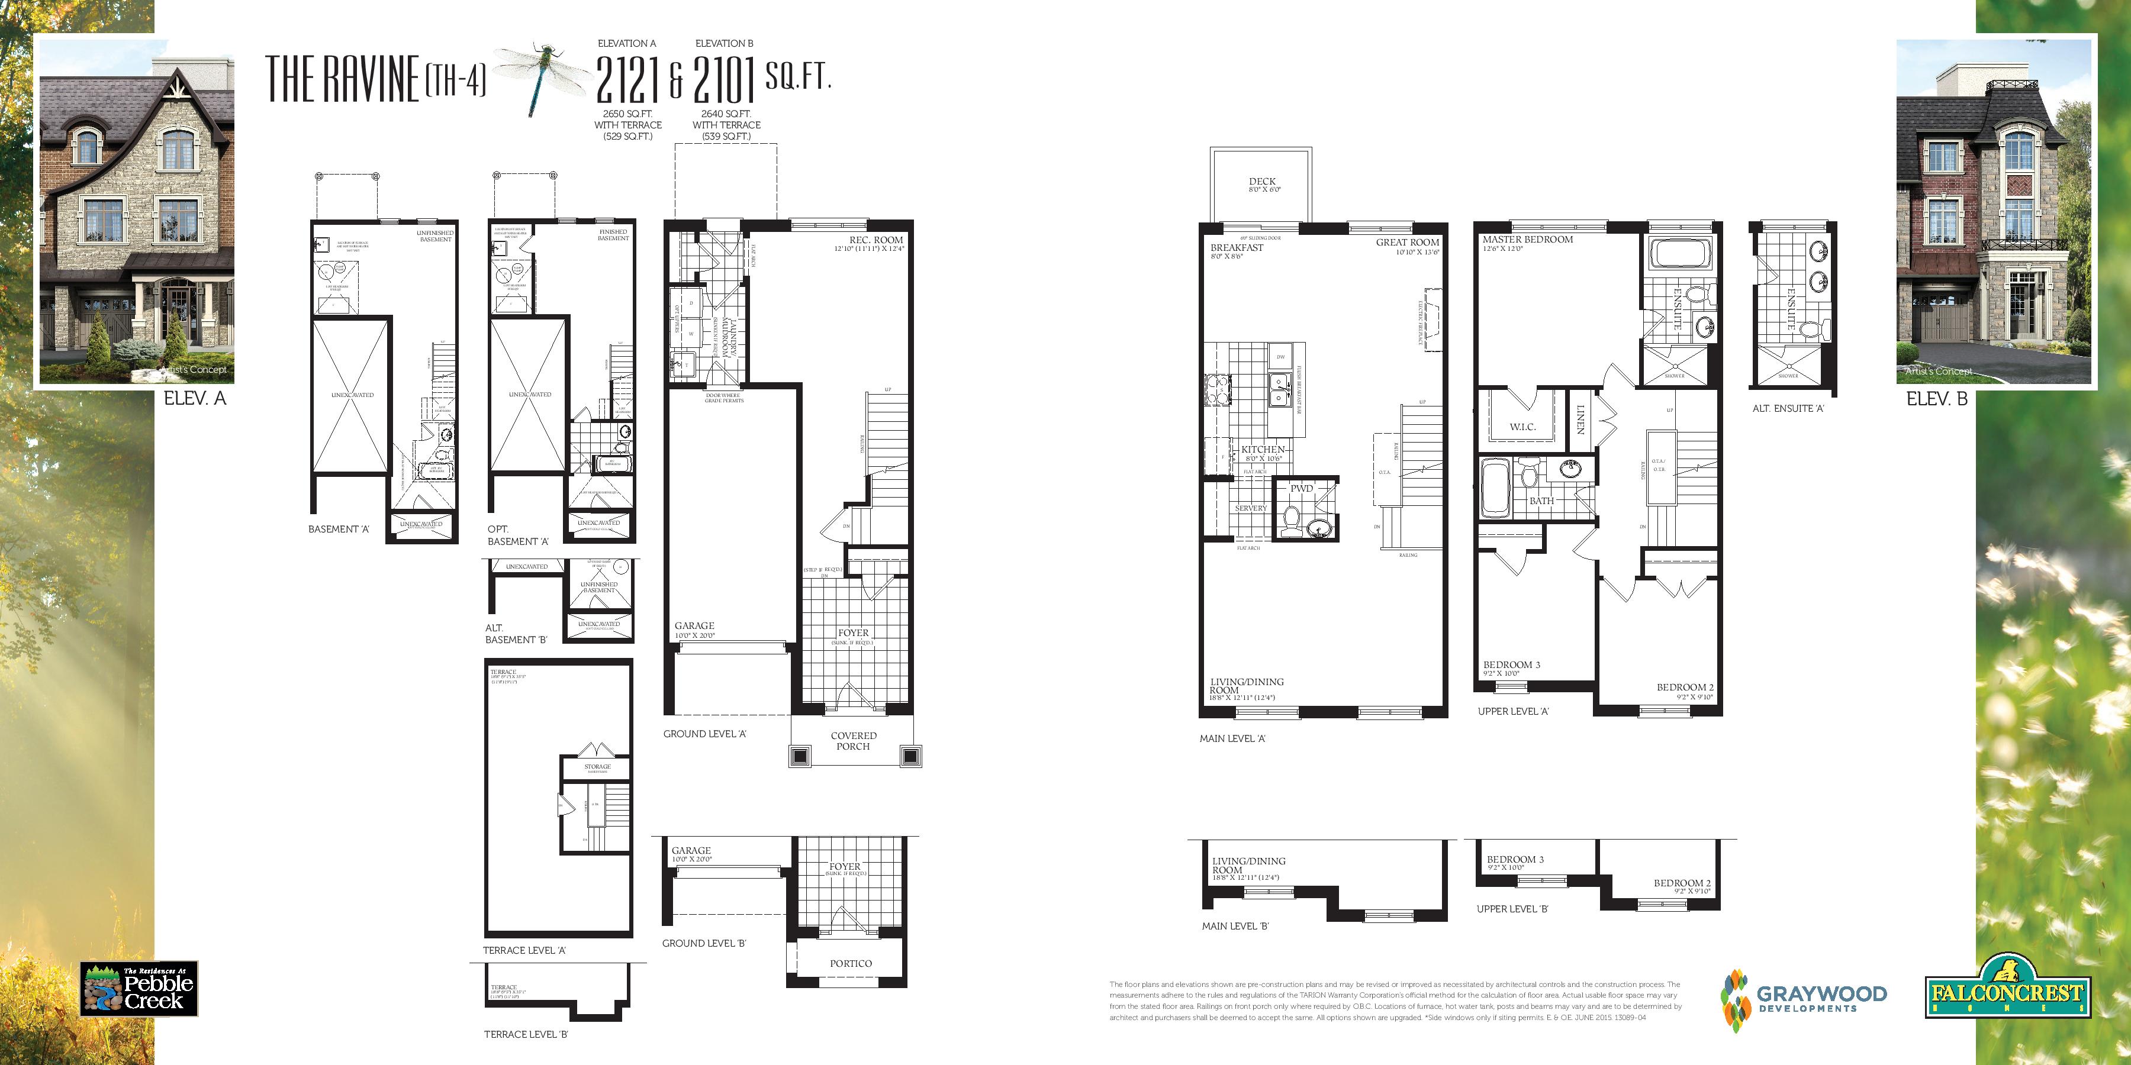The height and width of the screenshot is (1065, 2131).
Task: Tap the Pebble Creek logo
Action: tap(139, 989)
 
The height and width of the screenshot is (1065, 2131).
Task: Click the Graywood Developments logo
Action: tap(1804, 999)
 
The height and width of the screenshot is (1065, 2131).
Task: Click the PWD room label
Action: tap(1301, 489)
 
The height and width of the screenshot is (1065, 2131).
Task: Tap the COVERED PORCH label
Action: tap(853, 741)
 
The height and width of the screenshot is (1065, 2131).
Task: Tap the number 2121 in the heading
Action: tap(627, 79)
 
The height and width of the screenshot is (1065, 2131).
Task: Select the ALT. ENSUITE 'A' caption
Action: tap(1788, 408)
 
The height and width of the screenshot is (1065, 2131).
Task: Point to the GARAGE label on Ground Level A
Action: tap(693, 626)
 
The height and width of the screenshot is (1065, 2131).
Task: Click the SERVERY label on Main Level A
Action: tap(1250, 508)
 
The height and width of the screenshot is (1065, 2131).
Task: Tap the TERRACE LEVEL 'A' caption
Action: tap(524, 951)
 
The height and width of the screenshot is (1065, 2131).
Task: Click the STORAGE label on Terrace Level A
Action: tap(597, 766)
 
